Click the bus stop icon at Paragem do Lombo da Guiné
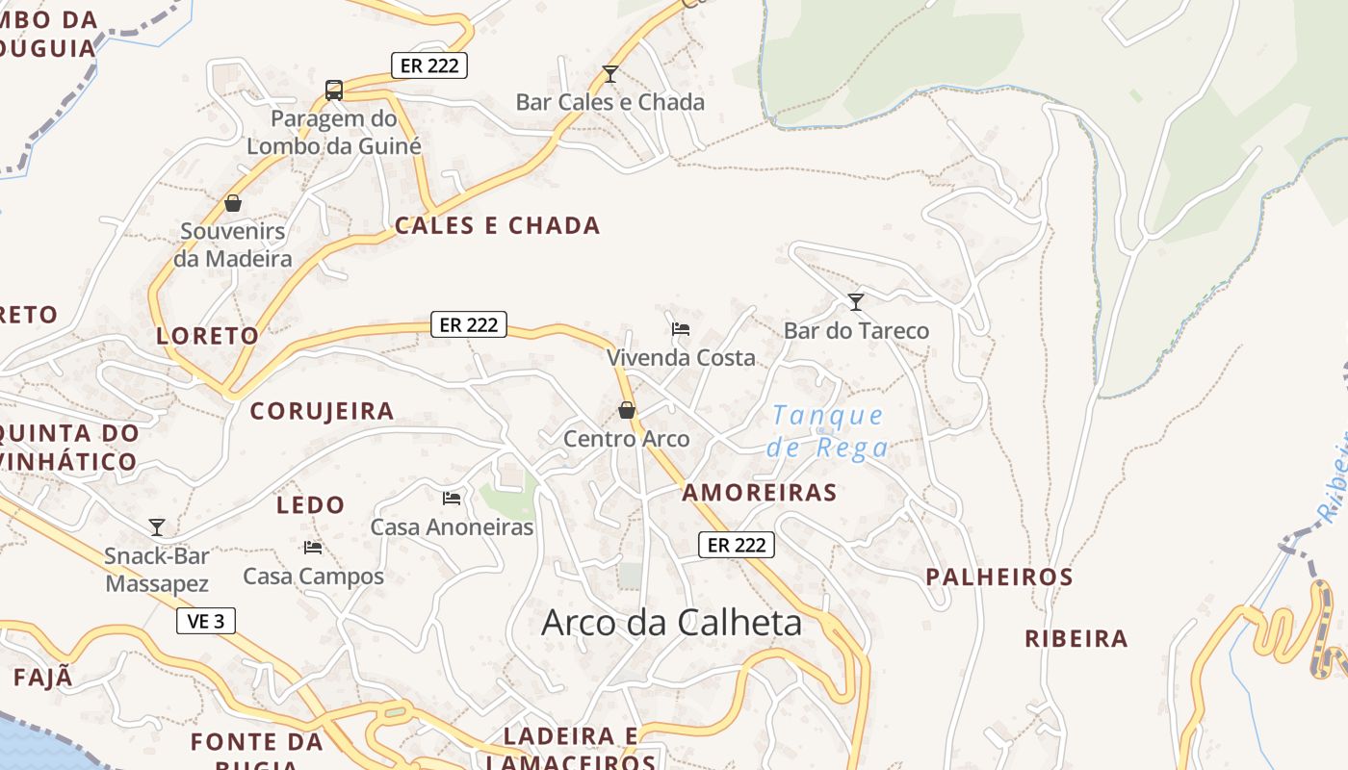pyautogui.click(x=334, y=90)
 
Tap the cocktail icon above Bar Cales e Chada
pyautogui.click(x=609, y=74)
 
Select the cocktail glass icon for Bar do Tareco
pyautogui.click(x=856, y=302)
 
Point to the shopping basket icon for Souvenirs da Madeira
pyautogui.click(x=232, y=203)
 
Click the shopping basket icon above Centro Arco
pyautogui.click(x=627, y=411)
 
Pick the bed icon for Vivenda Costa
pyautogui.click(x=681, y=328)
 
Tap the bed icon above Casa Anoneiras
pyautogui.click(x=452, y=499)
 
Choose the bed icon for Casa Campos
pyautogui.click(x=313, y=548)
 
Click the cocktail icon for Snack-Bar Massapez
pyautogui.click(x=157, y=527)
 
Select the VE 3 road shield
pyautogui.click(x=206, y=621)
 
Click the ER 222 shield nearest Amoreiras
pyautogui.click(x=737, y=545)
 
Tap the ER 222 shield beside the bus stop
pyautogui.click(x=429, y=65)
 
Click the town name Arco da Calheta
pyautogui.click(x=671, y=623)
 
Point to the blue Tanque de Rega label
pyautogui.click(x=828, y=431)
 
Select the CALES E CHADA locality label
pyautogui.click(x=497, y=226)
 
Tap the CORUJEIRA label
pyautogui.click(x=322, y=411)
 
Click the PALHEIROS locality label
pyautogui.click(x=998, y=577)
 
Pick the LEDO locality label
pyautogui.click(x=310, y=505)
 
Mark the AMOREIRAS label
pyautogui.click(x=759, y=493)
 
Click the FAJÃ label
pyautogui.click(x=43, y=678)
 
